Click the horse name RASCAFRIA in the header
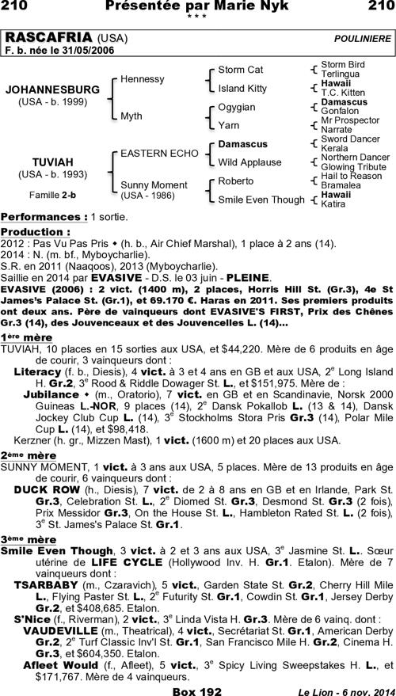pyautogui.click(x=48, y=38)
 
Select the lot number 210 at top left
pyautogui.click(x=17, y=7)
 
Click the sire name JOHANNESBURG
pyautogui.click(x=52, y=90)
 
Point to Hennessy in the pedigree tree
pyautogui.click(x=143, y=79)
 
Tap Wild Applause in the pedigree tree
pyautogui.click(x=250, y=162)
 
